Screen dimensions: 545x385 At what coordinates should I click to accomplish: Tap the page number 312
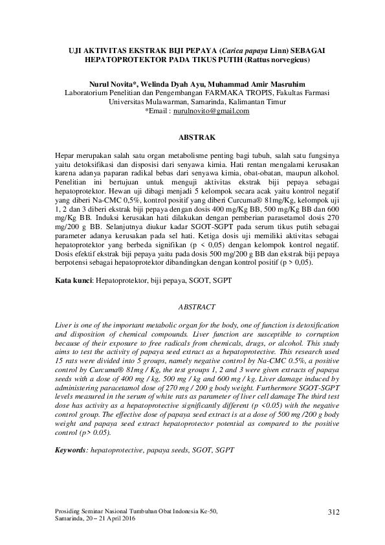pos(333,513)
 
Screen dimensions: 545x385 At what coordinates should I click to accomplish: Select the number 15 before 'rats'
pos(60,358)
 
